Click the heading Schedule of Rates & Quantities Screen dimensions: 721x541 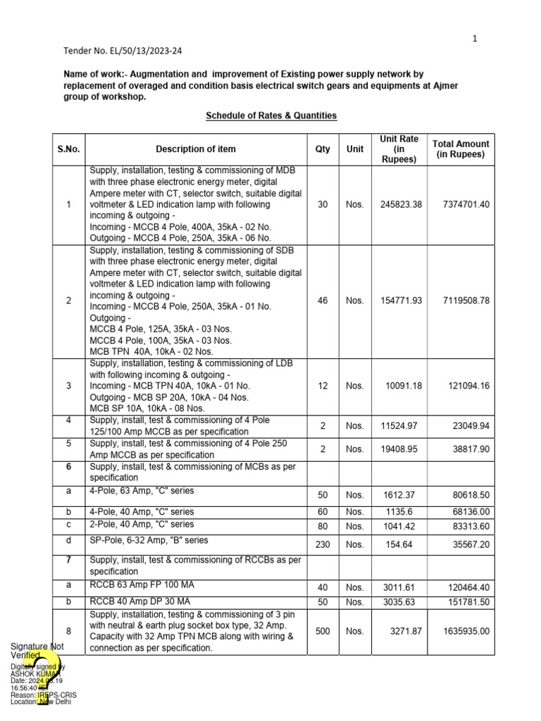tap(271, 115)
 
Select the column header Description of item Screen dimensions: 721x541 tap(196, 149)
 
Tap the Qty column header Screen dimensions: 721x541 tap(323, 149)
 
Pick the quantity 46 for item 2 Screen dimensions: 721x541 tap(323, 301)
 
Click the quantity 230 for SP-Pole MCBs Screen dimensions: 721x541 tap(323, 544)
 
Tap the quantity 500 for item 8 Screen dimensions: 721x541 tap(323, 632)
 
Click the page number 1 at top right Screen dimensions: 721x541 tap(475, 39)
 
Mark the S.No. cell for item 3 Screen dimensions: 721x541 tap(68, 386)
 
